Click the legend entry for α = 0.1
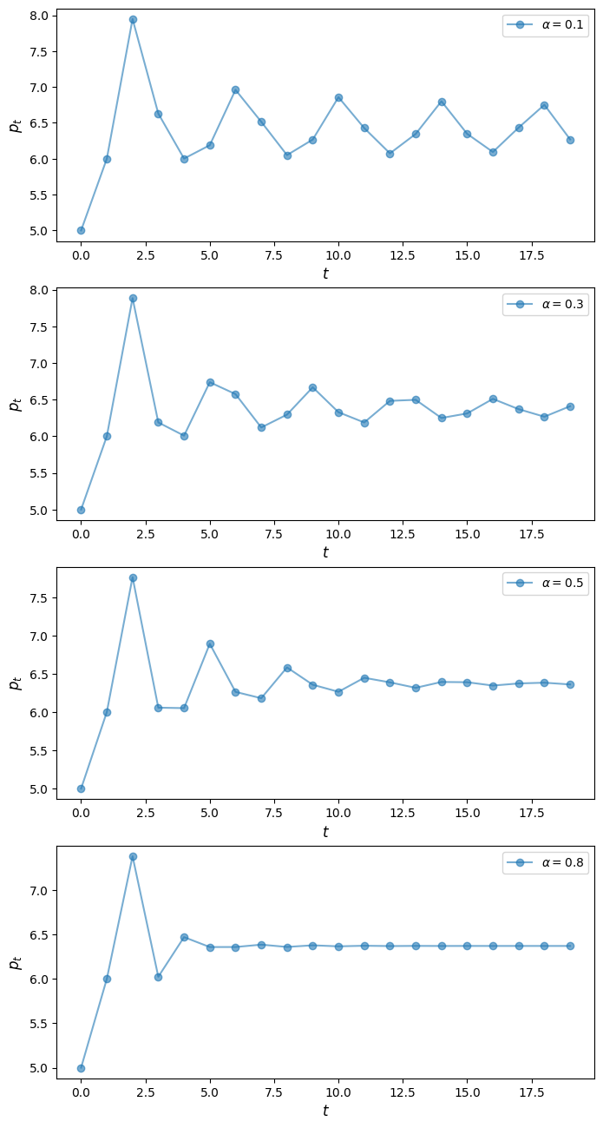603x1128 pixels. tap(546, 25)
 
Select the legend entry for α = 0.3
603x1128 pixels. tap(546, 304)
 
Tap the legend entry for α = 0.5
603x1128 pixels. tap(546, 584)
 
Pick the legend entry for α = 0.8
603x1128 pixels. tap(546, 862)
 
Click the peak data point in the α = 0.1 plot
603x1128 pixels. tap(133, 19)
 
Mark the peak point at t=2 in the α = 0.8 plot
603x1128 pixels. tap(133, 856)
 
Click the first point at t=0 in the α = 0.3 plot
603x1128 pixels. tap(81, 510)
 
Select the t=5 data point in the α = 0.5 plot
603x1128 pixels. tap(210, 643)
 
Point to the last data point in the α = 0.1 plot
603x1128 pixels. tap(570, 140)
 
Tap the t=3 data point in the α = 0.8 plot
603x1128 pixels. tap(158, 977)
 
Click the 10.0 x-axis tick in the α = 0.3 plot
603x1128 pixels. tap(338, 533)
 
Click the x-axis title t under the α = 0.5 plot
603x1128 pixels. tap(325, 832)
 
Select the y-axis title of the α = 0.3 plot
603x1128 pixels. tap(15, 405)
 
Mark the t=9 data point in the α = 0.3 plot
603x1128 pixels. tap(312, 387)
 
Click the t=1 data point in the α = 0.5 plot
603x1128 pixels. tap(107, 712)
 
